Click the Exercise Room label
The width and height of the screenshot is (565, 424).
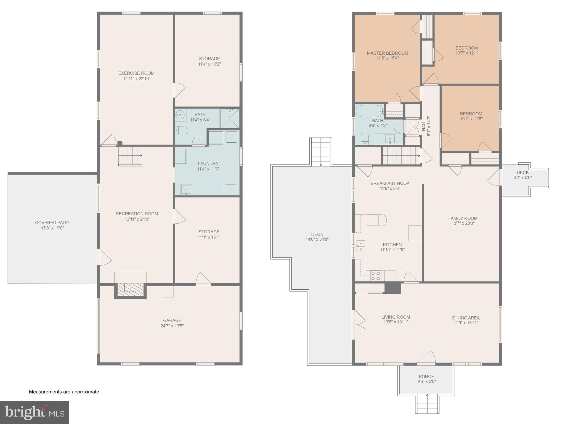tap(136, 73)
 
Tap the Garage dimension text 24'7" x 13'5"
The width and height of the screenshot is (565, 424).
tap(172, 326)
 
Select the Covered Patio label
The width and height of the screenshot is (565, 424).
tap(52, 222)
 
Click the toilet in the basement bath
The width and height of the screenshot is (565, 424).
tap(181, 130)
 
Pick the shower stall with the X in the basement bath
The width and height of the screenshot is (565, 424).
tap(230, 118)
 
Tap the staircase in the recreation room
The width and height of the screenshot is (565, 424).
tap(130, 156)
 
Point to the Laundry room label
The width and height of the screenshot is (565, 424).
tap(208, 163)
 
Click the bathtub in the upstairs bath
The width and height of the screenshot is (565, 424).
tap(369, 111)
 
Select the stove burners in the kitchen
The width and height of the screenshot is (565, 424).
tap(376, 275)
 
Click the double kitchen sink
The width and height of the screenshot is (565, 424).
tap(361, 246)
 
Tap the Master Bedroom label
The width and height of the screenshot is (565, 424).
tap(387, 53)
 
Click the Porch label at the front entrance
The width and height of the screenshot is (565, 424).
tap(426, 376)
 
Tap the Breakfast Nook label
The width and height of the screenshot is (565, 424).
tap(390, 183)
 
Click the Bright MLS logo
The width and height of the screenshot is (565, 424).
tap(35, 412)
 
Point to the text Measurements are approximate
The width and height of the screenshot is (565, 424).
tap(64, 392)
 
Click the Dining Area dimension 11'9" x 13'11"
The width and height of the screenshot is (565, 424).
tap(466, 323)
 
